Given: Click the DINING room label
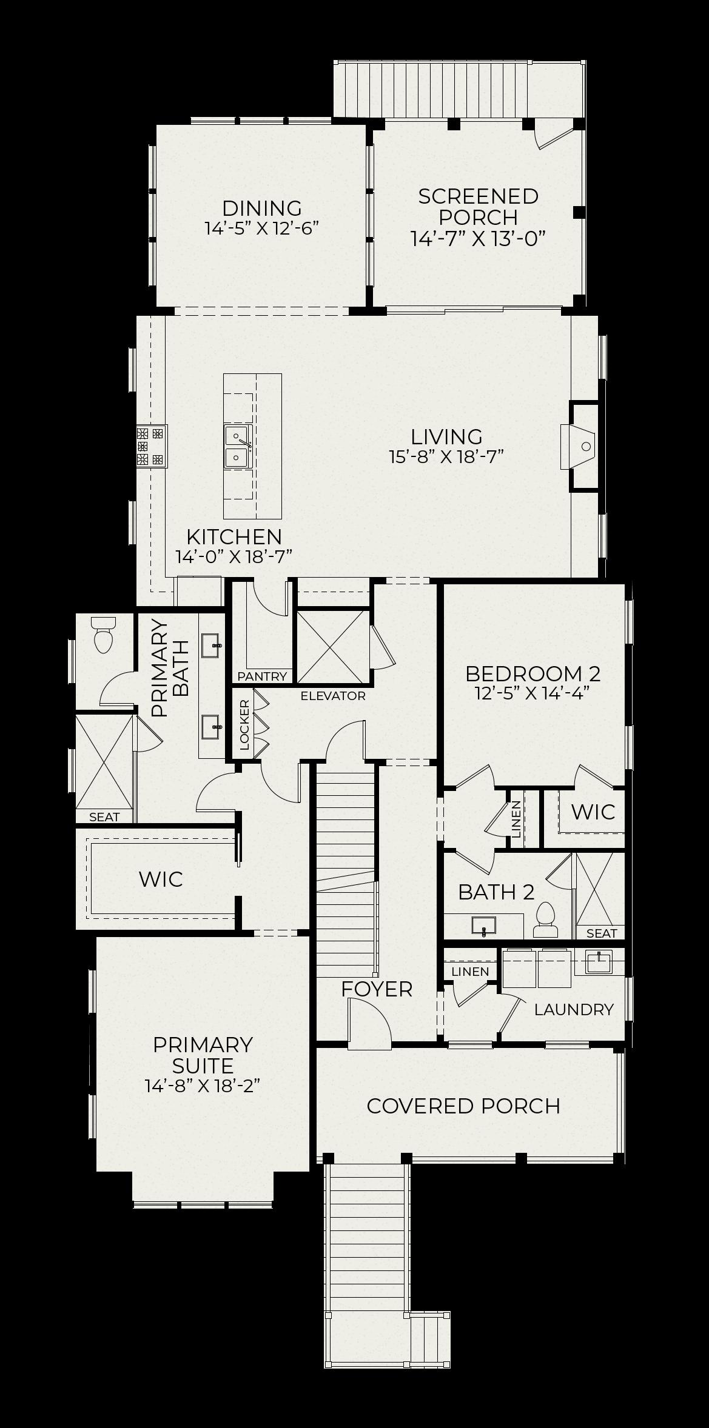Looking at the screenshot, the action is [x=262, y=209].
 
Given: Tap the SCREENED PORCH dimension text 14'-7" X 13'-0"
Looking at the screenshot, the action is [x=479, y=238].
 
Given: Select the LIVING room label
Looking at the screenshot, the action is [x=447, y=437].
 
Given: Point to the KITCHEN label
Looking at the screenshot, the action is [x=234, y=537].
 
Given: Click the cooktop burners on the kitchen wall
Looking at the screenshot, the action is [x=151, y=447].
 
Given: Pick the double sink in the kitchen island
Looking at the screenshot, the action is [x=238, y=447].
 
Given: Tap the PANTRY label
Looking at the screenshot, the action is [x=262, y=676].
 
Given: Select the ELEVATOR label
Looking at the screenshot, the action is [x=333, y=696].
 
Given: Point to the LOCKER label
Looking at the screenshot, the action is [x=244, y=725].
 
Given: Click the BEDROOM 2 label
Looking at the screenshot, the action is [x=533, y=674].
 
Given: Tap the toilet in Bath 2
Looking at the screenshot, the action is [x=546, y=920].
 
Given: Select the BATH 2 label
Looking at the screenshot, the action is [x=496, y=892].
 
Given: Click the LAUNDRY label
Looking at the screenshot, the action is [x=574, y=1010].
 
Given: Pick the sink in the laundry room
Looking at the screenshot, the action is [x=598, y=962].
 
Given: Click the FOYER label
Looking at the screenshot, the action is [x=377, y=989].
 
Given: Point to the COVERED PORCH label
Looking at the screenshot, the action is [x=463, y=1106].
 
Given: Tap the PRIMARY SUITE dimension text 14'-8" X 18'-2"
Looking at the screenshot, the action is [x=203, y=1086].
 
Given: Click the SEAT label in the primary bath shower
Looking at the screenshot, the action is [x=104, y=817].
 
